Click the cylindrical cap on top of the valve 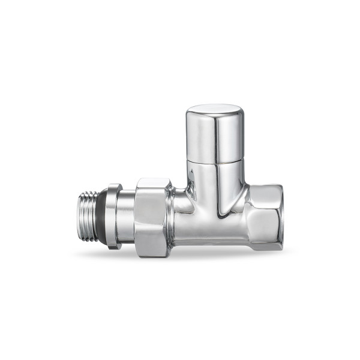(x=214, y=133)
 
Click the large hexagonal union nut (x=152, y=217)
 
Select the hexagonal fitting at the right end (x=264, y=216)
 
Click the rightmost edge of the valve (x=283, y=216)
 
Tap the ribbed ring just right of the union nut (x=173, y=217)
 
